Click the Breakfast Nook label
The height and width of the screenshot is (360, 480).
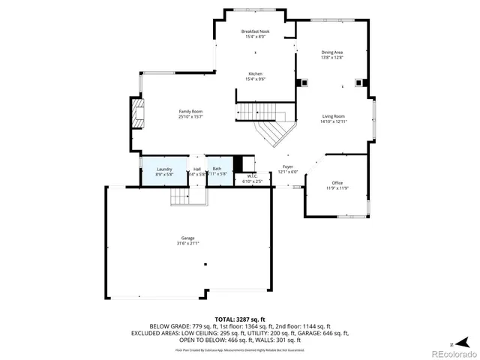[255, 31]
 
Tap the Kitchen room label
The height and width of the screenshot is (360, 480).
[255, 73]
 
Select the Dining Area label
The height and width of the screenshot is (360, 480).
[332, 52]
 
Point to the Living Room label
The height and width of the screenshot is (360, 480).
[333, 116]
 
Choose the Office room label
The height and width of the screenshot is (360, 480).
[337, 183]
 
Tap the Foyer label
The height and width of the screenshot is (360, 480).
[288, 166]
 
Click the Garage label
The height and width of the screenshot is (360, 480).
[187, 238]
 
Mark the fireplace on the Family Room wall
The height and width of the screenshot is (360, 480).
[137, 114]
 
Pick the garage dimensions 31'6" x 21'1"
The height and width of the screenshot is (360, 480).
[187, 243]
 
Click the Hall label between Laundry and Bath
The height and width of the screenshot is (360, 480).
[196, 169]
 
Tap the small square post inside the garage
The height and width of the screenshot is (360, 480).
[205, 264]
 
